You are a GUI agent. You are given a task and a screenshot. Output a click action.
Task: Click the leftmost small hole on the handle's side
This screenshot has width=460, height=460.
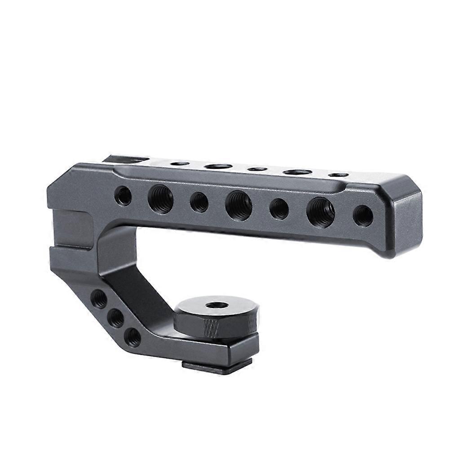click(x=123, y=195)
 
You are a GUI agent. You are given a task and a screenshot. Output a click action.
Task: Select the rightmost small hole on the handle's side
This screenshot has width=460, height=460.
click(x=363, y=216)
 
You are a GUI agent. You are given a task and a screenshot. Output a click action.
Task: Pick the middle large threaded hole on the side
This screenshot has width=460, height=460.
click(x=239, y=205)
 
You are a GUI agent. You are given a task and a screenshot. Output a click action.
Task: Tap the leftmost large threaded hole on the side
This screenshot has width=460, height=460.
click(x=160, y=199)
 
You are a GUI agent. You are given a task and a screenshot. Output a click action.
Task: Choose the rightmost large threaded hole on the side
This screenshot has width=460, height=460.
click(x=320, y=212)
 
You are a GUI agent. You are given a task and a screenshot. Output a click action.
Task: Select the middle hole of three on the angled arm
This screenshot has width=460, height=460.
click(x=116, y=318)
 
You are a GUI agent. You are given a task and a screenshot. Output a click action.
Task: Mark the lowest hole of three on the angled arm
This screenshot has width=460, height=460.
click(x=132, y=337)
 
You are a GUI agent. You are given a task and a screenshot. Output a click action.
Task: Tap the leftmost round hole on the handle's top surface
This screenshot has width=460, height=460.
click(x=180, y=163)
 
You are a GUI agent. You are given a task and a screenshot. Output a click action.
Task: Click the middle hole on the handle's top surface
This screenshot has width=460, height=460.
click(x=257, y=169)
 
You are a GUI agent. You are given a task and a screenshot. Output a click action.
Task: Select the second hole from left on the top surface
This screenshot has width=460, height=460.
click(x=218, y=166)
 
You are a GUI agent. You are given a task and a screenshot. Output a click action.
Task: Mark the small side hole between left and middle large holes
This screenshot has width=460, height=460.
click(x=199, y=202)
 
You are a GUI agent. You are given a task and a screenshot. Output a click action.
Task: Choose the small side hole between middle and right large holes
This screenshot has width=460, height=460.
click(x=279, y=209)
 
